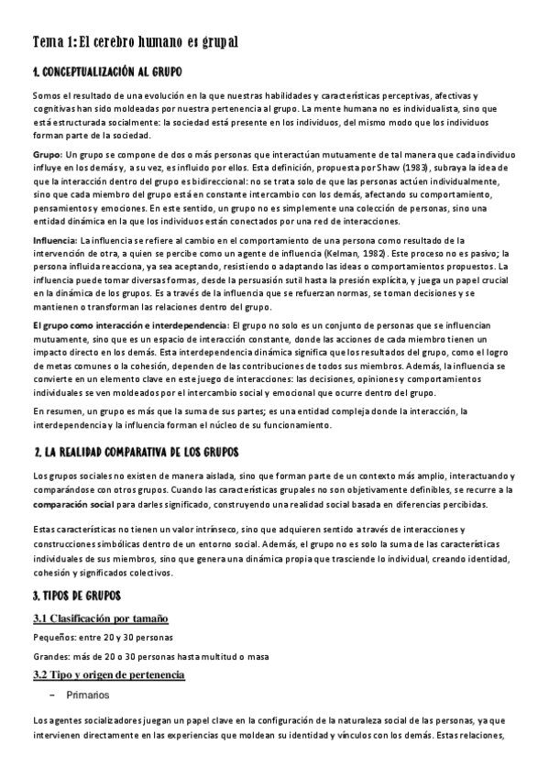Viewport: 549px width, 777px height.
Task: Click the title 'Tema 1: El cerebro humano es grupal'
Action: click(135, 42)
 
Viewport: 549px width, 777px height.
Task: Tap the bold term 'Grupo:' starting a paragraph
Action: click(47, 156)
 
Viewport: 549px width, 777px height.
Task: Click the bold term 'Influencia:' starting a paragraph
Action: click(55, 240)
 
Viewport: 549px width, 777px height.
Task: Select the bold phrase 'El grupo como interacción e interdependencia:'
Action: click(130, 325)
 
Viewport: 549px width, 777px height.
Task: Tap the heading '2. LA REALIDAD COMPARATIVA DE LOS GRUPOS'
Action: click(136, 453)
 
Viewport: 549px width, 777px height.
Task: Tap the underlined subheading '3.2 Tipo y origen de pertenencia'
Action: click(109, 675)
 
